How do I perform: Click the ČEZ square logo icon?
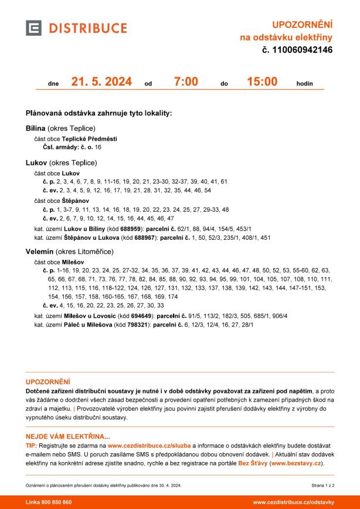tap(35, 28)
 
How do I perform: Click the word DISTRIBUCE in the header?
tap(88, 28)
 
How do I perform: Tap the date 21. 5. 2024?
tap(101, 82)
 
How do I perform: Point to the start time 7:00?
tap(186, 82)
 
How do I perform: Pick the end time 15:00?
tap(262, 82)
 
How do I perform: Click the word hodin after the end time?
tap(305, 83)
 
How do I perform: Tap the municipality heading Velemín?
tap(40, 252)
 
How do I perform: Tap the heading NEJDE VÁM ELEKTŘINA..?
tap(67, 436)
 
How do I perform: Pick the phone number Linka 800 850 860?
tap(49, 503)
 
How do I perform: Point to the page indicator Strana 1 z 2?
tap(322, 485)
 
